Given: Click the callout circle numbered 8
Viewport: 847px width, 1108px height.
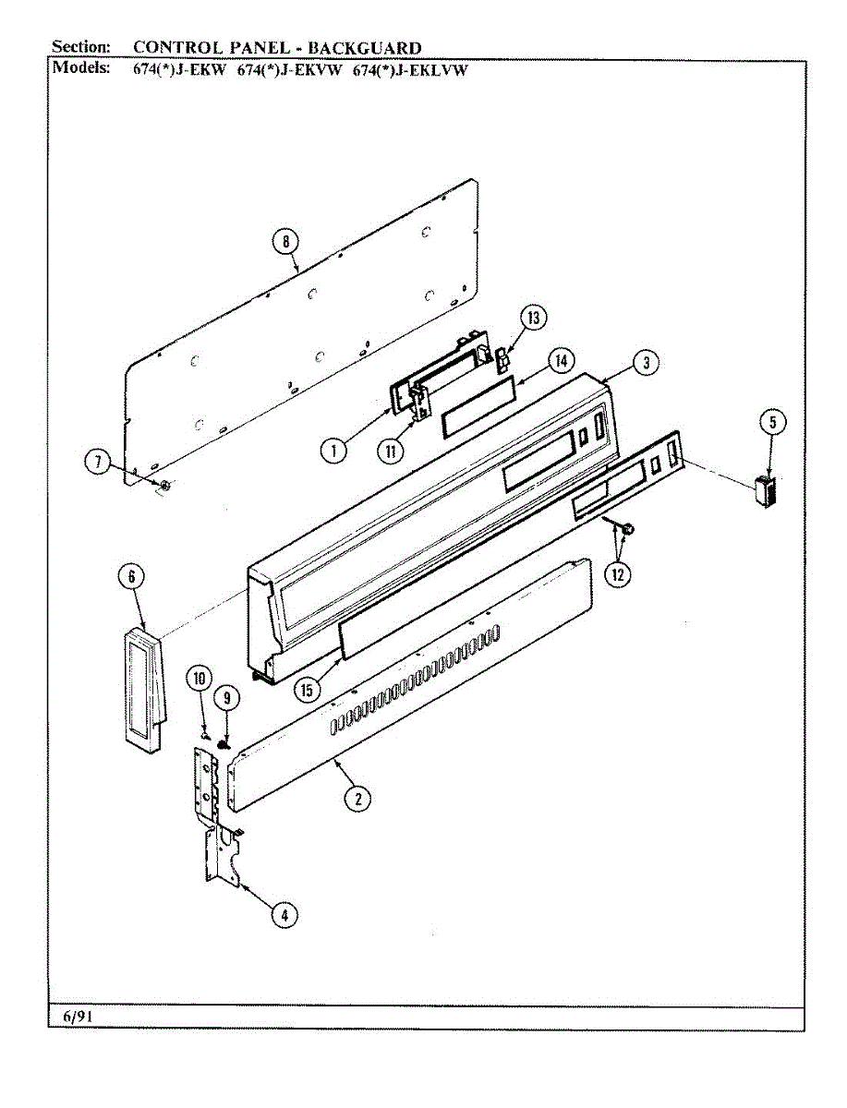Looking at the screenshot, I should click(x=285, y=242).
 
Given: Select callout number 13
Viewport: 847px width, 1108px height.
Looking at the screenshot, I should click(x=533, y=319).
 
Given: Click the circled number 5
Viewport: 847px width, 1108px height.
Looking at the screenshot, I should click(x=772, y=423).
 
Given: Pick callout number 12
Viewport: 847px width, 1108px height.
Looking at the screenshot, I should click(x=617, y=573).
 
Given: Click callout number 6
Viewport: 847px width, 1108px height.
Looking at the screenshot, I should click(x=132, y=576).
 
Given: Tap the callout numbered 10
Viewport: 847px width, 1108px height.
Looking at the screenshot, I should click(x=198, y=679).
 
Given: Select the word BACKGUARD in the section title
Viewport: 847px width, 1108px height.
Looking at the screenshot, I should click(x=365, y=48).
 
